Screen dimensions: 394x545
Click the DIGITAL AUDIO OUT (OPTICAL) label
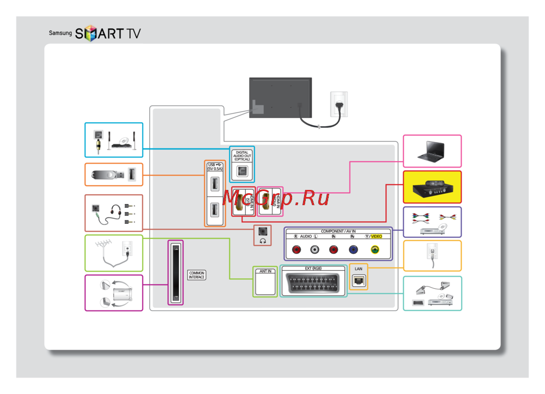tap(242, 156)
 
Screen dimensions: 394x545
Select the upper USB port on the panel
tap(214, 183)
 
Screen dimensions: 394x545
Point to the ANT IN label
tap(265, 271)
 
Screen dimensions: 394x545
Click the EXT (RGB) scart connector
tap(313, 283)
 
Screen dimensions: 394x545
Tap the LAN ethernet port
tap(358, 280)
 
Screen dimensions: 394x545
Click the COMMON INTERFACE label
tap(197, 275)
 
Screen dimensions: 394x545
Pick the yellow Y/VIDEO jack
tap(374, 249)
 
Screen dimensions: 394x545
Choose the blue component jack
tap(353, 249)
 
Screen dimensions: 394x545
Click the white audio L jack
tap(315, 249)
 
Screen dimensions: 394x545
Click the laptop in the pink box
tap(432, 152)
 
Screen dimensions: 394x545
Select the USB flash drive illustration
tap(107, 175)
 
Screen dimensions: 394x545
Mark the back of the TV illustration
tap(280, 97)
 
